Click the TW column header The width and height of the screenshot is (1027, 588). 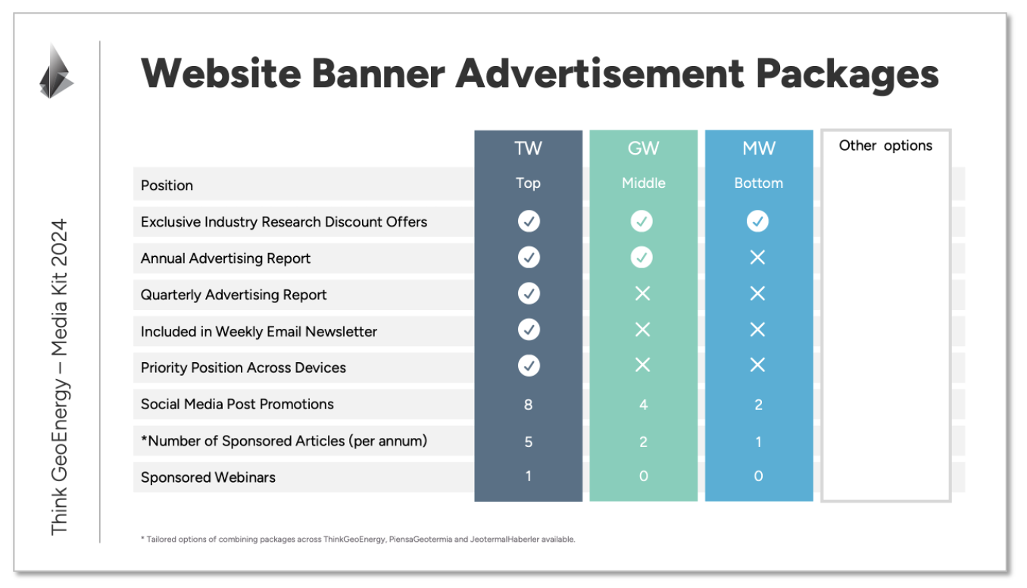[528, 149]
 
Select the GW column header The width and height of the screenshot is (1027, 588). [643, 149]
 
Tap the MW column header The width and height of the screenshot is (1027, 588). [759, 149]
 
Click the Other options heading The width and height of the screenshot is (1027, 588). [885, 145]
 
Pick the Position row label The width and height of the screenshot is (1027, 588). [167, 186]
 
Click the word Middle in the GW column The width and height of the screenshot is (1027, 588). [643, 183]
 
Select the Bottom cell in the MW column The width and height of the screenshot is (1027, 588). [758, 183]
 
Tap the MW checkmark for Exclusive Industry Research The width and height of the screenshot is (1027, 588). [757, 221]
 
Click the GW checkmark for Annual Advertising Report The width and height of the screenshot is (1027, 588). [641, 258]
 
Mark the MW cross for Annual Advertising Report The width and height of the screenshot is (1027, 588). [757, 258]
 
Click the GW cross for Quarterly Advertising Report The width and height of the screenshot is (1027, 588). [642, 293]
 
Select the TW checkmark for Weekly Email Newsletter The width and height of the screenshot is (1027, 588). [529, 330]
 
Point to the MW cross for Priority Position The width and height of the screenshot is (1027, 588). [757, 365]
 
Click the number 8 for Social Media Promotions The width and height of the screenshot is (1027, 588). [528, 405]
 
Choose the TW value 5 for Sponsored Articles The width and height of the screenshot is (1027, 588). [528, 442]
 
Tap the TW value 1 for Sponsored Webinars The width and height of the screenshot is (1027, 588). [528, 476]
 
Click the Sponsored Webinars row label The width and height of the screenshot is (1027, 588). [208, 477]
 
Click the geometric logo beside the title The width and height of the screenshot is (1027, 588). [56, 70]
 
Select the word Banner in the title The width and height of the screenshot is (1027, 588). [378, 73]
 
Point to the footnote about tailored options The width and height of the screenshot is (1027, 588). [357, 540]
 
